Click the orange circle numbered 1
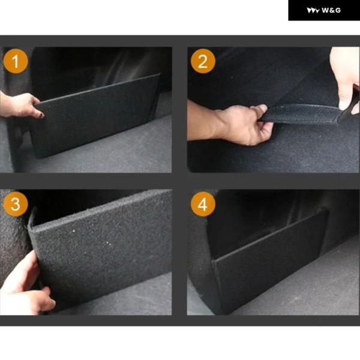coord(16,61)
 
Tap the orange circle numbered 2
coord(203,61)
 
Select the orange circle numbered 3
coord(16,204)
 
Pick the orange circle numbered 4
coord(203,204)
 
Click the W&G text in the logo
coord(331,10)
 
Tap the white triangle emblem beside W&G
coord(313,11)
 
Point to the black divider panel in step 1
coord(97,116)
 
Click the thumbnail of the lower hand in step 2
coord(261,108)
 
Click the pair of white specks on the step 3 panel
coord(109,244)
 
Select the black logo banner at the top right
coord(324,10)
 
